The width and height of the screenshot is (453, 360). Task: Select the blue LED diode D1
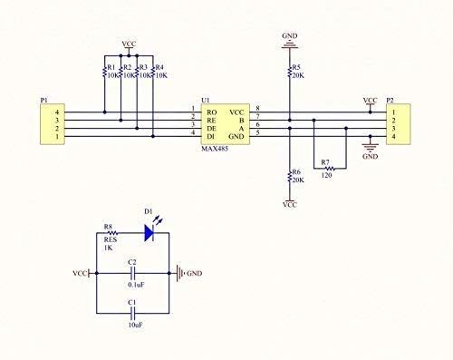(x=150, y=232)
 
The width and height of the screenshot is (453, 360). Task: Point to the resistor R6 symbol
(x=289, y=176)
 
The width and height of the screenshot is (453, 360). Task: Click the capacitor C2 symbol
(x=132, y=272)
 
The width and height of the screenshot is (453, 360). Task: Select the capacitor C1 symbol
(x=132, y=310)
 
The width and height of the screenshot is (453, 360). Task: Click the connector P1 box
(x=43, y=122)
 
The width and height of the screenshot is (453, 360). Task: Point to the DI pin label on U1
(x=210, y=134)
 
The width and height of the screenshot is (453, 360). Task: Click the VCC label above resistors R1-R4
(x=130, y=43)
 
